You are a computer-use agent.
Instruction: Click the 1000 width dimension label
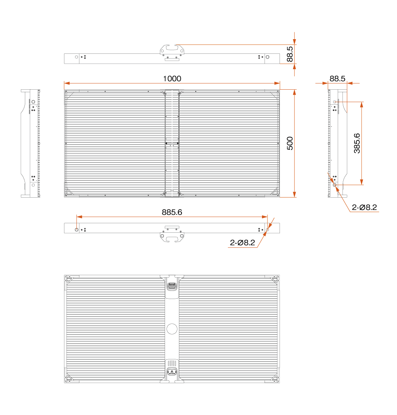172,79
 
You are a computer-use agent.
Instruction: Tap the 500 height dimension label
290,143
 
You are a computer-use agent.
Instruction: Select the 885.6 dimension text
172,212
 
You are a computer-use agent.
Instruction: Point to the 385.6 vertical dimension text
357,143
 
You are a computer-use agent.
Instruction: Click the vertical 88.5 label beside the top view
290,54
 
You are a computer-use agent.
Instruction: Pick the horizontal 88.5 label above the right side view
337,79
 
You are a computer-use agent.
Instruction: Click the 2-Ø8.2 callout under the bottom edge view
243,242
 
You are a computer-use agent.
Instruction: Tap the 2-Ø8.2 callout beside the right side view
364,207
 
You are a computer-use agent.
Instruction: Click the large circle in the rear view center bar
172,329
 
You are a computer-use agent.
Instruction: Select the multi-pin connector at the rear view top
172,286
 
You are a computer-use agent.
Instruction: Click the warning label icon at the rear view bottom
172,372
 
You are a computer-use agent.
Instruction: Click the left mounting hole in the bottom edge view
76,229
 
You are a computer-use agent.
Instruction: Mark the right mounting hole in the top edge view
267,57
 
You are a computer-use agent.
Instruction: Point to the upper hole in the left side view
33,102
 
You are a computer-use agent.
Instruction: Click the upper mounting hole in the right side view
334,102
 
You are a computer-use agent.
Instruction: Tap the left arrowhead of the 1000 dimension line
67,83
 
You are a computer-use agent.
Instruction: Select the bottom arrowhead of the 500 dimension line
294,194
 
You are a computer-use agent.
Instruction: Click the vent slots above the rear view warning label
172,363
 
